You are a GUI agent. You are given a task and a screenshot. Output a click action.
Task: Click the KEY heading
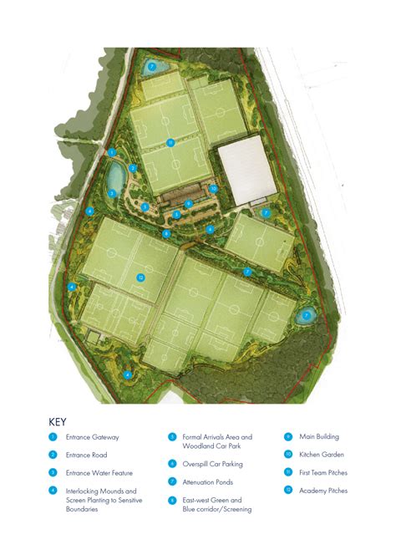coord(58,422)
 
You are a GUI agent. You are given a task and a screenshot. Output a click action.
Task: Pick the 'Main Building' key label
coord(320,436)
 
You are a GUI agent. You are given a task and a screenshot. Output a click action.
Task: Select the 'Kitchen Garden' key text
coord(322,455)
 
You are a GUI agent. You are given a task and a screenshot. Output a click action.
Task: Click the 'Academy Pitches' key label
coord(323,491)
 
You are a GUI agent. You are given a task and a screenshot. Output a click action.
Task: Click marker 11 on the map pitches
coord(170,142)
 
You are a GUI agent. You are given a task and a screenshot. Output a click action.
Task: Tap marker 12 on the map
coord(141,277)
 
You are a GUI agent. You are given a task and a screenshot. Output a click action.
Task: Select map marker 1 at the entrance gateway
coord(112,152)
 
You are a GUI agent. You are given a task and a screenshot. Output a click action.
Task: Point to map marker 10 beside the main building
coord(214,189)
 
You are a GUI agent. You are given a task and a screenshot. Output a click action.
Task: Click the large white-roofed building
coord(246,171)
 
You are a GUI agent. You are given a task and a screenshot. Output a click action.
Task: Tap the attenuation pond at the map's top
coord(152,66)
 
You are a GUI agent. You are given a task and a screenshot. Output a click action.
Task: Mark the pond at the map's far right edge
coord(307,315)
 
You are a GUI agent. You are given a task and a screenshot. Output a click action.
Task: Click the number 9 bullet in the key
coord(287,436)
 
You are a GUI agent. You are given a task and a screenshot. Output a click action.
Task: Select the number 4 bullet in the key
coord(52,491)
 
